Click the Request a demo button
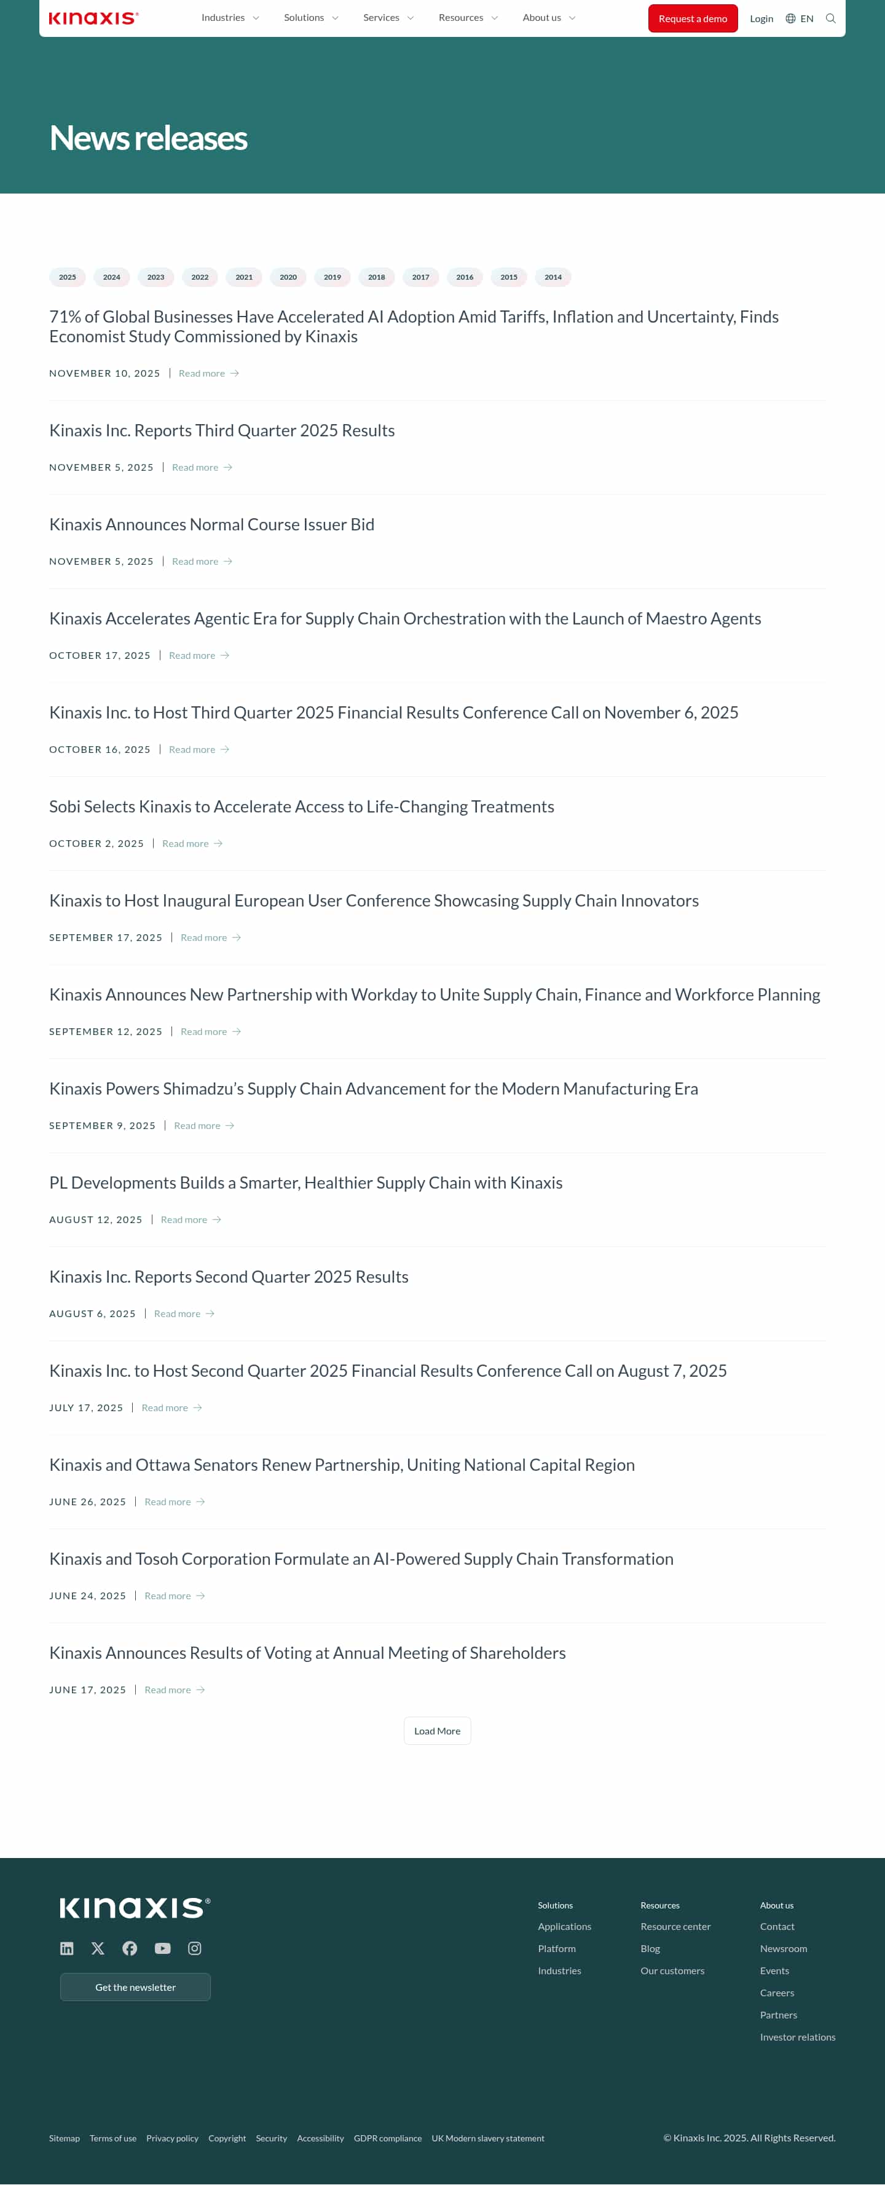click(x=693, y=18)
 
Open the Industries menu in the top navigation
click(x=230, y=18)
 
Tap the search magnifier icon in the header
click(x=831, y=18)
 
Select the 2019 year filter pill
click(x=332, y=277)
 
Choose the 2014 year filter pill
click(x=553, y=277)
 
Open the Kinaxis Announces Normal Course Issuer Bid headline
click(x=211, y=524)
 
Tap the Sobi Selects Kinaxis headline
click(x=301, y=806)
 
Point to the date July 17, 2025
click(x=85, y=1408)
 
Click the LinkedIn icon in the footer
click(x=67, y=1948)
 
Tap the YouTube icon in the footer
click(x=162, y=1948)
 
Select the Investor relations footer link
click(x=796, y=2037)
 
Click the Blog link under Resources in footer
click(x=650, y=1949)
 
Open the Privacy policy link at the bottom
click(x=172, y=2138)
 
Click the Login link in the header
click(x=761, y=18)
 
